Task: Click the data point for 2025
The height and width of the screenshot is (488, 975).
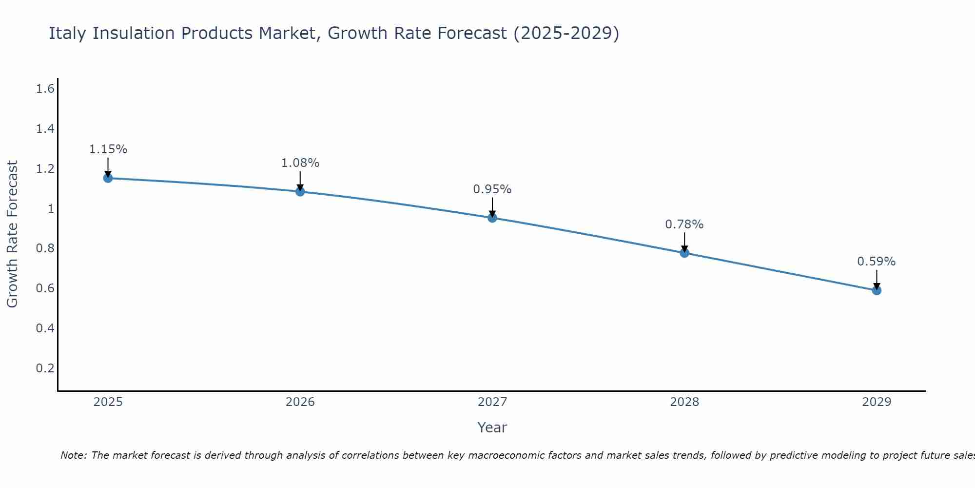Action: point(108,178)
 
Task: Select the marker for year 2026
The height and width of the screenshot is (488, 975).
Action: point(300,192)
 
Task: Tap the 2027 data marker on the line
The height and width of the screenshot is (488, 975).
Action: point(492,218)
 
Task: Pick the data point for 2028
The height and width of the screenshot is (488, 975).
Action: point(684,253)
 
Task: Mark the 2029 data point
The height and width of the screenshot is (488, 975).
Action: point(877,290)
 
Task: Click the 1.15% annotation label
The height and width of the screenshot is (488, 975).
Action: point(108,149)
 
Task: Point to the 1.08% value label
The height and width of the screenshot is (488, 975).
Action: point(300,163)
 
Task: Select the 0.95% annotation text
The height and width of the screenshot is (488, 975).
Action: point(492,189)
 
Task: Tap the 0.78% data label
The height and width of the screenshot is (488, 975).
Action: point(684,224)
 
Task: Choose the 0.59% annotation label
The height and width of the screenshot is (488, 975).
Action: point(877,262)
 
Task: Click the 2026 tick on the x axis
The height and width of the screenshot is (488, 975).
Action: point(300,402)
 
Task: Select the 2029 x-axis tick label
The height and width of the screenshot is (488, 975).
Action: point(877,402)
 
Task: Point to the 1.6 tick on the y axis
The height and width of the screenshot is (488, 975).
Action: point(45,89)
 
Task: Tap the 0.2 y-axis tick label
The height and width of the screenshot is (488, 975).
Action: point(45,368)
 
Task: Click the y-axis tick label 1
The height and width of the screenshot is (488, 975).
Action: point(50,209)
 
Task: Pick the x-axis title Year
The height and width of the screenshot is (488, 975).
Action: point(492,427)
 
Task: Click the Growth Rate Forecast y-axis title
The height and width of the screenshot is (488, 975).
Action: point(12,234)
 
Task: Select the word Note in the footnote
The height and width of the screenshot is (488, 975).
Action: point(73,455)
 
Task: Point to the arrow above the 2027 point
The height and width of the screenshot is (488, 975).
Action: point(492,207)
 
